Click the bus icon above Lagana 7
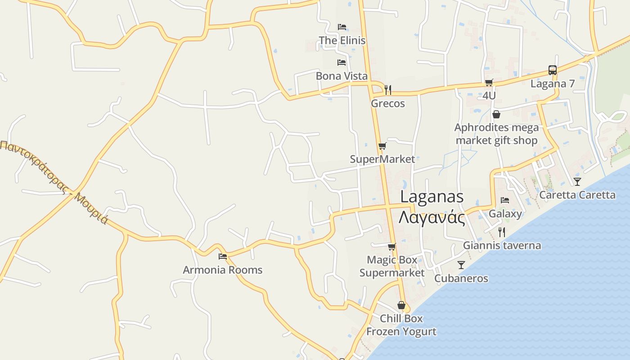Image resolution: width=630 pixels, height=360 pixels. point(553,70)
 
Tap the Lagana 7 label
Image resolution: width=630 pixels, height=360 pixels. point(553,84)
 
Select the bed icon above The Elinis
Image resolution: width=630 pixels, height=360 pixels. point(342,27)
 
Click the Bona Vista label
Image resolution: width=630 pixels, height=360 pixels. point(342,76)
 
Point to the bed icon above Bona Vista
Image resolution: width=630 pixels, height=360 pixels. point(342,62)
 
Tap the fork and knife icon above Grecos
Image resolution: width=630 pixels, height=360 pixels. point(388,90)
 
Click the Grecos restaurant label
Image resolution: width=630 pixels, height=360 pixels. point(388,103)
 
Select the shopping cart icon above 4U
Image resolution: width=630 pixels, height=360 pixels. point(489,82)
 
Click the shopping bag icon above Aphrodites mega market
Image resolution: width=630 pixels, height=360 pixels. point(496,114)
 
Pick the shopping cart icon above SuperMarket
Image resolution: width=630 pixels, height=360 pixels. point(382,146)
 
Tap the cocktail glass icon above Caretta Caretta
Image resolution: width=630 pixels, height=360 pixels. point(577,182)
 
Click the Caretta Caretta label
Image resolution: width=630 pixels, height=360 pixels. point(577,195)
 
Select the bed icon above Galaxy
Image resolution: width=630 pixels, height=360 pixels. point(505,200)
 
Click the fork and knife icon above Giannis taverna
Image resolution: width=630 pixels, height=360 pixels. point(502,232)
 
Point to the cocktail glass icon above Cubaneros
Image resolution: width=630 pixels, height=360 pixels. point(461,265)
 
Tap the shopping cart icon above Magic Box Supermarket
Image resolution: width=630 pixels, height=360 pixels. point(392,247)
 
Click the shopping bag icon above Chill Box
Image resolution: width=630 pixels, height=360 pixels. point(401,305)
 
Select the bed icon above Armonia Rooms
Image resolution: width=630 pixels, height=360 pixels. point(223,256)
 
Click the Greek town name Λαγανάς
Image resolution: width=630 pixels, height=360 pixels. point(432,218)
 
